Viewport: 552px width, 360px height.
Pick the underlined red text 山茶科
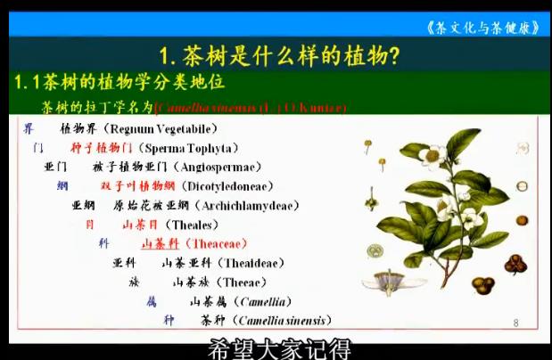click(x=161, y=242)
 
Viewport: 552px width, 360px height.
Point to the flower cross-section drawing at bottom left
click(x=392, y=281)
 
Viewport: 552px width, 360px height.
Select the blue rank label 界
click(x=29, y=128)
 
